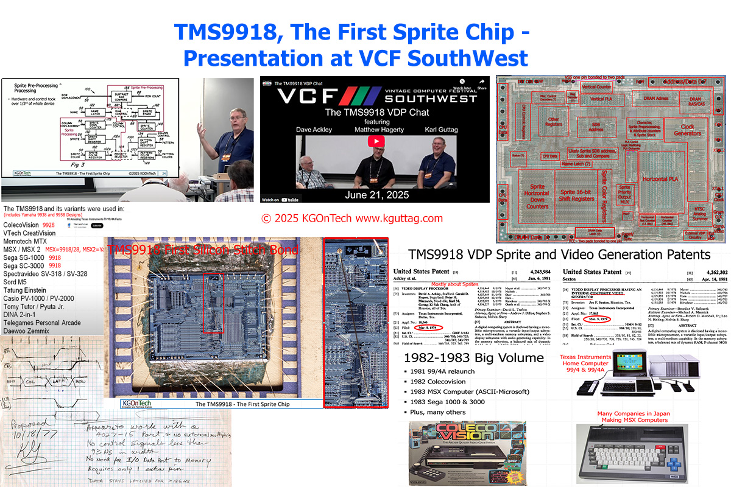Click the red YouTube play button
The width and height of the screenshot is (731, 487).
[x=375, y=141]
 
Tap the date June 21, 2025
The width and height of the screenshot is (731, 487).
[x=375, y=195]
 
